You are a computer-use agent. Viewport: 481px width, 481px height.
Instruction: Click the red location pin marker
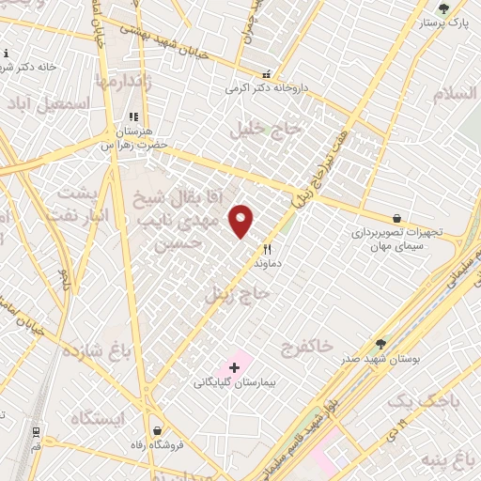(x=242, y=220)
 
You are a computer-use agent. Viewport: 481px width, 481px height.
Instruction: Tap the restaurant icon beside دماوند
(x=268, y=249)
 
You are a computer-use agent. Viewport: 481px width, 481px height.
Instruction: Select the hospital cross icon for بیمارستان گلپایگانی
(x=234, y=365)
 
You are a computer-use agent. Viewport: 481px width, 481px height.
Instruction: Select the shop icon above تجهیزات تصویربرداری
(x=398, y=217)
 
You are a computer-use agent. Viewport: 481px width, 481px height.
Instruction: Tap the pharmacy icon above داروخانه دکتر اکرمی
(x=267, y=74)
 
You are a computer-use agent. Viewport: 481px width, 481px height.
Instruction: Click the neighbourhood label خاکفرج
(x=306, y=348)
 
